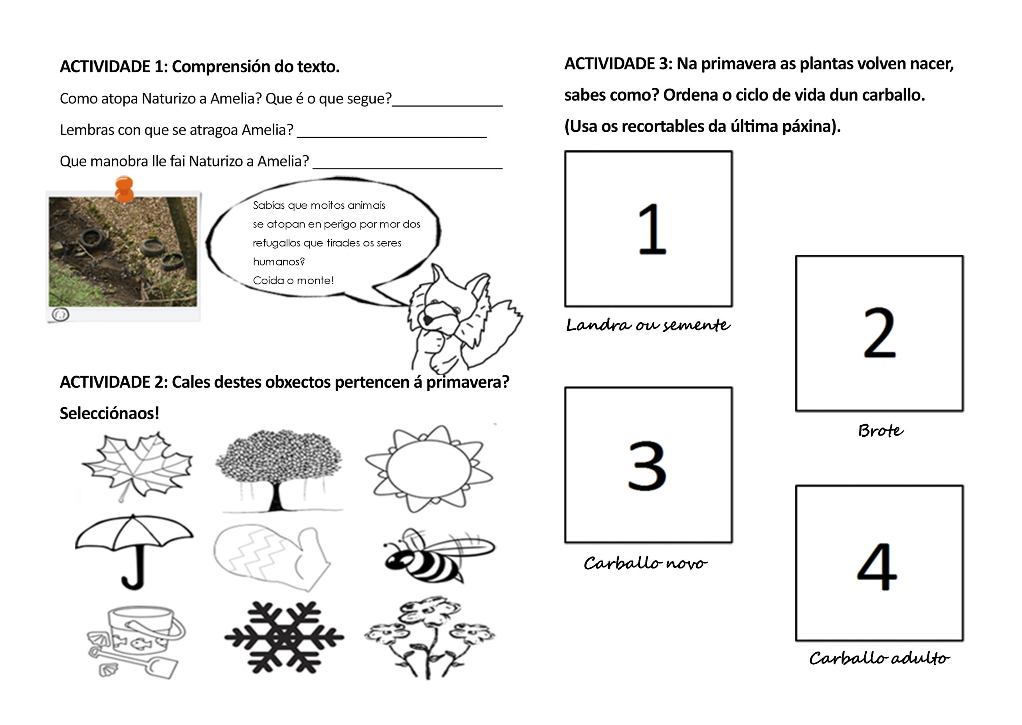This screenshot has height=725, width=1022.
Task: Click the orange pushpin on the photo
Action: [x=124, y=189]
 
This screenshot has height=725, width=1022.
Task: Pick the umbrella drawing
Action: [x=134, y=551]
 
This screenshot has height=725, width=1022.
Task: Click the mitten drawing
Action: [x=272, y=558]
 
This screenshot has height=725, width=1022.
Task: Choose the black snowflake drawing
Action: [x=284, y=637]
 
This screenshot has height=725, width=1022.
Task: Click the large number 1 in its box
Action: [x=652, y=229]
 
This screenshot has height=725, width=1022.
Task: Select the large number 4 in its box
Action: [x=877, y=566]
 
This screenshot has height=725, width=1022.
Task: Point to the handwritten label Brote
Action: [x=881, y=431]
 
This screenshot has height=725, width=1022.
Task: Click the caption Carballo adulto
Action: [x=879, y=658]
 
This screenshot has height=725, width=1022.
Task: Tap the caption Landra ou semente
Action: [x=648, y=325]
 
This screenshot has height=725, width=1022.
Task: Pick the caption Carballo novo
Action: [x=645, y=563]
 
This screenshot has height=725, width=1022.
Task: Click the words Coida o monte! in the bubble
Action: [x=293, y=280]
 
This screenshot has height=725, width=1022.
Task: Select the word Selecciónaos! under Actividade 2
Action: [x=109, y=413]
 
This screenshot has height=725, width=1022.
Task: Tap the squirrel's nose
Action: [x=427, y=320]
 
